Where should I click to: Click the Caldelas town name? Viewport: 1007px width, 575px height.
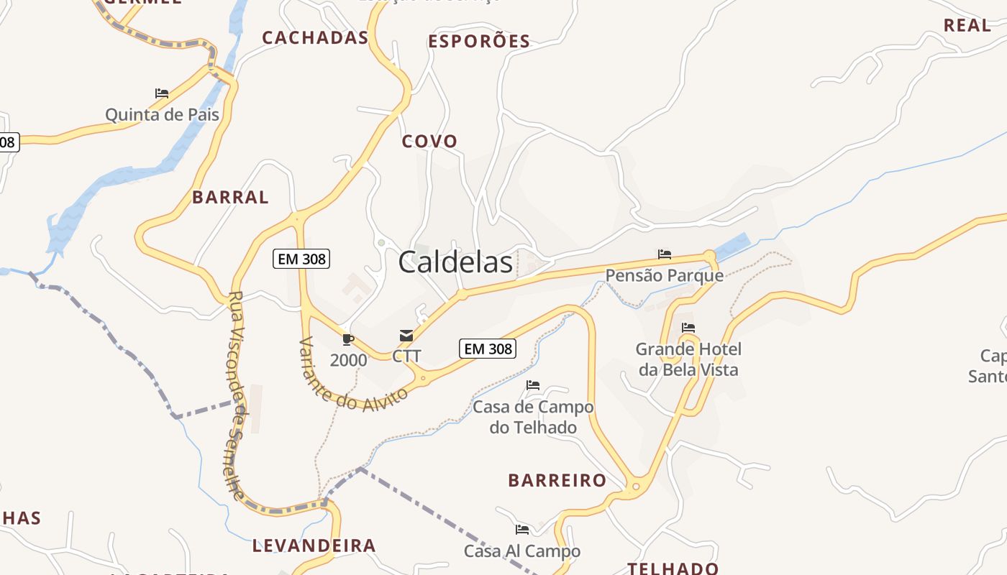[455, 262]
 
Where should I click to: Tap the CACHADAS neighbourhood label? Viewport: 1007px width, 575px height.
[315, 38]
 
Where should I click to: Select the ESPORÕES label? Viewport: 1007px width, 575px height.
[479, 42]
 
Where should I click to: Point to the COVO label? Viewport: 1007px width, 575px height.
[429, 141]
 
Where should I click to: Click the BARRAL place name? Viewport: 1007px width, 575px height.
[230, 197]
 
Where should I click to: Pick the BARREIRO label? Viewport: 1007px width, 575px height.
[557, 480]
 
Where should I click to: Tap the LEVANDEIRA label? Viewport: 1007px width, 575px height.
[314, 546]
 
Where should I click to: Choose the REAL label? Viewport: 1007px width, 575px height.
[967, 25]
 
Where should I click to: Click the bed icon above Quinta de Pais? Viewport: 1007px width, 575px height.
[162, 93]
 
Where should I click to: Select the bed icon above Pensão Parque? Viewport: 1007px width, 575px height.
[665, 254]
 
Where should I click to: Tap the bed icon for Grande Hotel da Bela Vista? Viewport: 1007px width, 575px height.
[688, 328]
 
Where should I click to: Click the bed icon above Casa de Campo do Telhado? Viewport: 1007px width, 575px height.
[533, 385]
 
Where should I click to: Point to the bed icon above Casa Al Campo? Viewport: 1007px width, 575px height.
[522, 530]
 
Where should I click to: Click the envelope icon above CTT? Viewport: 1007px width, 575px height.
[406, 336]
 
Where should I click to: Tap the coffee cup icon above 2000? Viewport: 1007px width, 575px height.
[348, 339]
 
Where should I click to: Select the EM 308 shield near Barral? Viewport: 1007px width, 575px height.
[301, 259]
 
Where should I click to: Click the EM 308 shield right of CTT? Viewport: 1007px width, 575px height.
[488, 349]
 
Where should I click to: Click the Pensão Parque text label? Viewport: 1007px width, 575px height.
[664, 275]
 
